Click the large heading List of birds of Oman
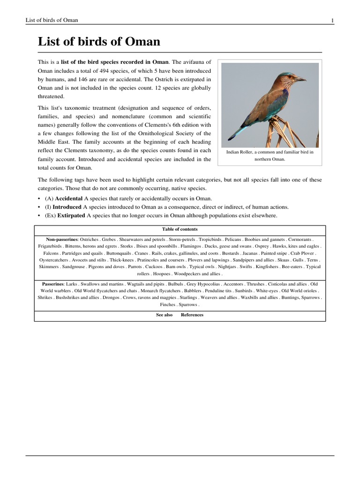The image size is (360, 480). (x=99, y=42)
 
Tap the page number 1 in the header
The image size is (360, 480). (x=332, y=20)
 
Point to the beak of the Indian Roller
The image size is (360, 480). (x=301, y=79)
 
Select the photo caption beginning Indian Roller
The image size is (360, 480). (x=270, y=156)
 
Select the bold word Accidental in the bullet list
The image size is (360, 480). (x=69, y=198)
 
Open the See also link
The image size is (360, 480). (x=164, y=315)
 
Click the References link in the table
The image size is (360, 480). (x=192, y=315)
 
